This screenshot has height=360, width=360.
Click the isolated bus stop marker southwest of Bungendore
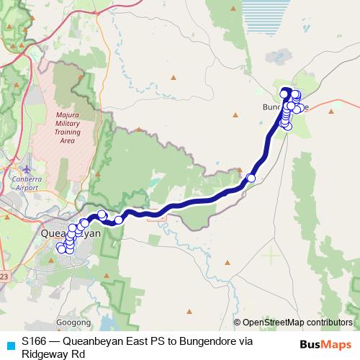point(251,178)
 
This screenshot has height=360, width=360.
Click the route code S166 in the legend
point(35,342)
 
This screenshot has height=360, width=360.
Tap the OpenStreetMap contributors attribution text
point(297,323)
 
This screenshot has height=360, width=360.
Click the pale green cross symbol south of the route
point(271,255)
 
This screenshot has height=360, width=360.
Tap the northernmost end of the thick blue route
point(286,91)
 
